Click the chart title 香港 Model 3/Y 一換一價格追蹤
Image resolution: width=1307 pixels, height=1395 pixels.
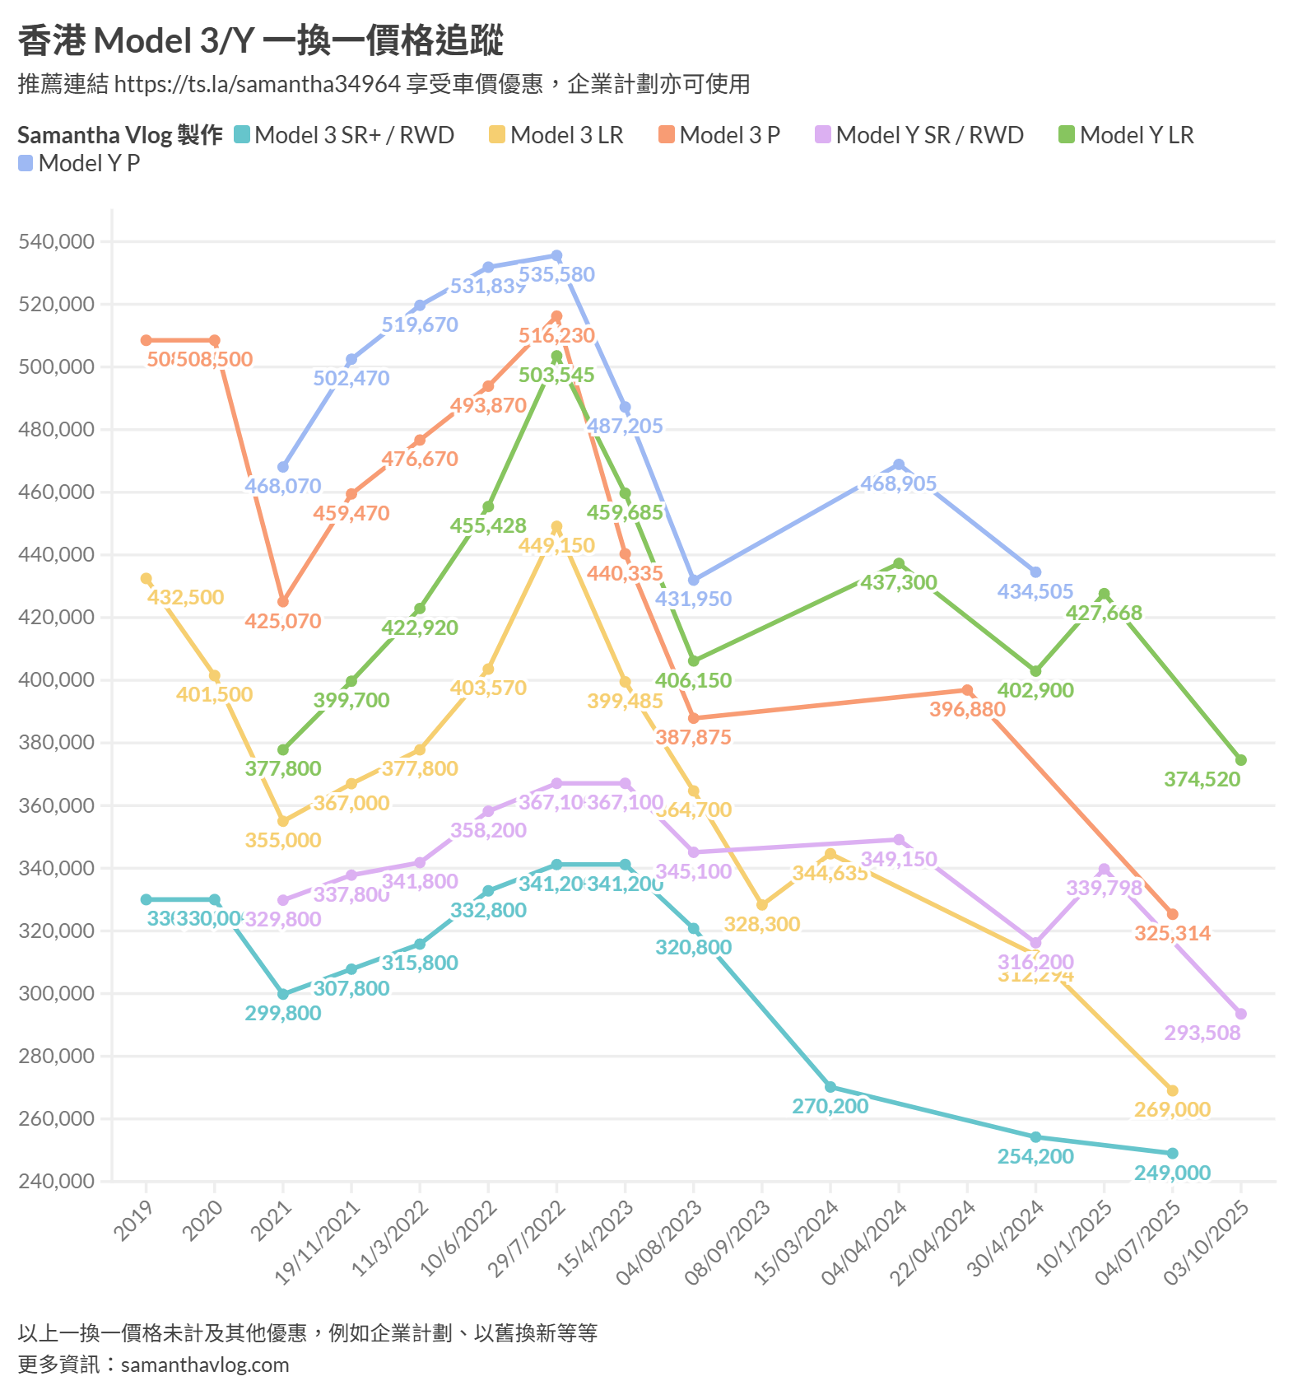pos(260,40)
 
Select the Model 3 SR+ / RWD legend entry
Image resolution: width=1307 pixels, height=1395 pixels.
pos(345,135)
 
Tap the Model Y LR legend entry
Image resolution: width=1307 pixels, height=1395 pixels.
pos(1127,135)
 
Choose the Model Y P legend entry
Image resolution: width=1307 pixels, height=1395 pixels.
pos(80,163)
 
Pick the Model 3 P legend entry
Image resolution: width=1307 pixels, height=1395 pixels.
pos(720,135)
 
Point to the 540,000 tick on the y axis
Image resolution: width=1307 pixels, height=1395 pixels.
pos(57,241)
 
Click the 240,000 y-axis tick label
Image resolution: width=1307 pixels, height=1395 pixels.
pos(57,1181)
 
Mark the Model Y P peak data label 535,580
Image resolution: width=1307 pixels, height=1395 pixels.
pos(556,274)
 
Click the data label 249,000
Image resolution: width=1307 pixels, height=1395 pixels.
pos(1172,1173)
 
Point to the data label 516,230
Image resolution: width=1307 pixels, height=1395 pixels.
pos(556,335)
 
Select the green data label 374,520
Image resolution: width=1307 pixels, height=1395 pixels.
pos(1202,779)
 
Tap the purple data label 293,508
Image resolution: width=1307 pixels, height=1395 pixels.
pos(1202,1033)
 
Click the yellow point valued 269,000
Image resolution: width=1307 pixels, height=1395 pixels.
pos(1172,1090)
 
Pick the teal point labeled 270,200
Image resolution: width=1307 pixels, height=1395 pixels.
pos(830,1087)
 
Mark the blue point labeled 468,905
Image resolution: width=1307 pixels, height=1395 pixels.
pos(899,465)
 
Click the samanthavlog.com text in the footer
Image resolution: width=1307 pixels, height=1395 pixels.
pos(205,1365)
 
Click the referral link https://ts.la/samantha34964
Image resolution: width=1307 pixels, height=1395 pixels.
pos(258,84)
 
